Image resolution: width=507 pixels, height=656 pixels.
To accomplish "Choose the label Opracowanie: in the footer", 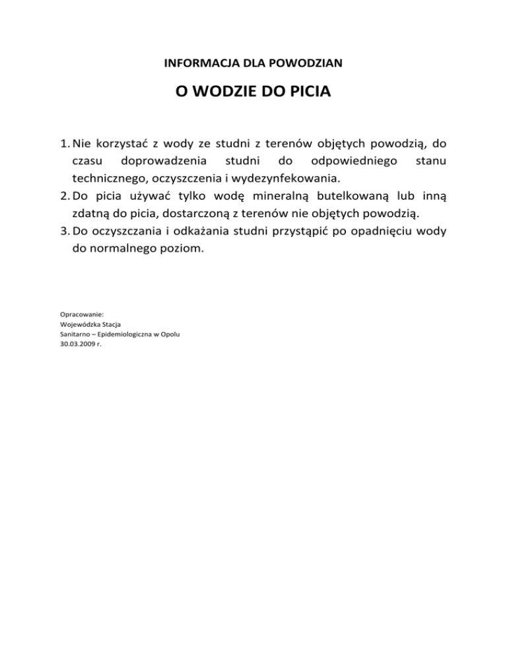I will point(77,314).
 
